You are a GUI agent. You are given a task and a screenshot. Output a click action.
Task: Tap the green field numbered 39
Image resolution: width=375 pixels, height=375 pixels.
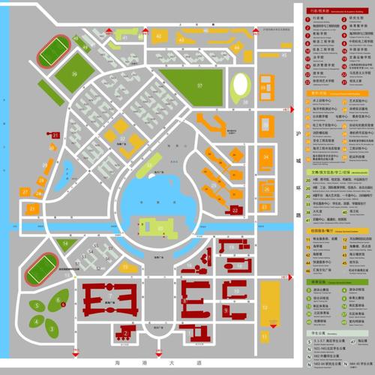[x=75, y=75]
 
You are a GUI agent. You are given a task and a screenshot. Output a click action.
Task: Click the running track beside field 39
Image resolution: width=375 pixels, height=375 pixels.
[x=53, y=52]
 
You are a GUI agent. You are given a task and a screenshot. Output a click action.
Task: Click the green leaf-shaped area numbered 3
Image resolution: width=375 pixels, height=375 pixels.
[x=51, y=327]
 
